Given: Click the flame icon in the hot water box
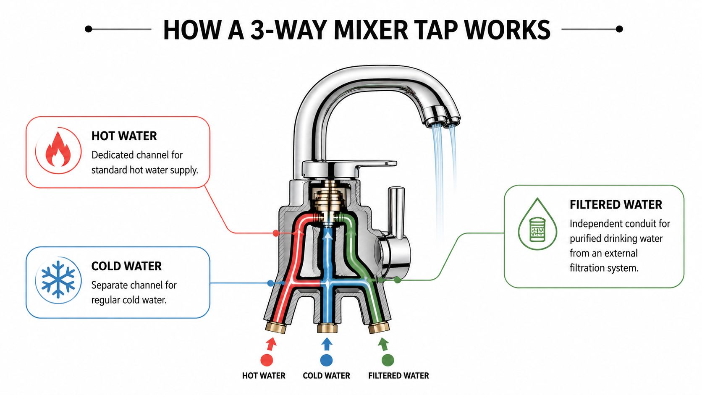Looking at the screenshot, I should tap(58, 150).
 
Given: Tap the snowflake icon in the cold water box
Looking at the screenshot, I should tap(58, 280).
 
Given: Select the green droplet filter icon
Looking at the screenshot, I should tap(537, 225).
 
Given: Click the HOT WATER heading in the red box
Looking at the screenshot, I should tap(124, 136).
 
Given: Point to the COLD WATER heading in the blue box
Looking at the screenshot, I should tap(126, 266).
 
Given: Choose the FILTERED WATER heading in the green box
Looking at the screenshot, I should tap(616, 204).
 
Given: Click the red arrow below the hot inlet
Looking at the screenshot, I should tap(271, 344).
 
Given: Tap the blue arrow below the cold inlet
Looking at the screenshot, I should tap(326, 343).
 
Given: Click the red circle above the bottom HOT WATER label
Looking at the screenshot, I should tap(267, 360).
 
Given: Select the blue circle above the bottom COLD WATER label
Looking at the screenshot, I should tap(326, 360).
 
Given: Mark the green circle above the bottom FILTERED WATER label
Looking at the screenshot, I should tap(388, 360).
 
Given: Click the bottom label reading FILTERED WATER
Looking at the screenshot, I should tap(398, 376).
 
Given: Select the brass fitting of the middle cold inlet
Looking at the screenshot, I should tap(327, 328).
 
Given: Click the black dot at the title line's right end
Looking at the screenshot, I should tap(619, 29).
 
